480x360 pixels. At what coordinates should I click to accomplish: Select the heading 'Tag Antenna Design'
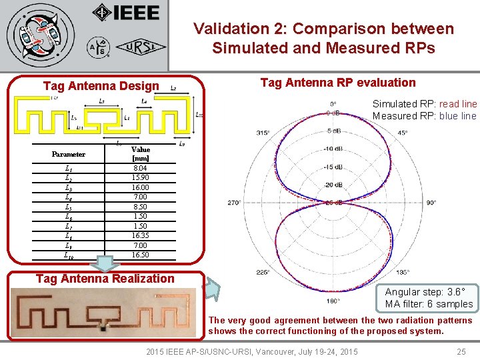coord(101,85)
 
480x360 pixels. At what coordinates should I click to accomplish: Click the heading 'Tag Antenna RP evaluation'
coord(337,83)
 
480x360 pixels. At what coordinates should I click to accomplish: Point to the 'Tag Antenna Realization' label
coord(105,279)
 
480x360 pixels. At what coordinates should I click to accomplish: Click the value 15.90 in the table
coord(141,178)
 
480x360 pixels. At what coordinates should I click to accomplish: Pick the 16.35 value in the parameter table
coord(141,235)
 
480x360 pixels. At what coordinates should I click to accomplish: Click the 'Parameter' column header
coord(69,154)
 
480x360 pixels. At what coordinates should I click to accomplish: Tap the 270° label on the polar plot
coord(234,202)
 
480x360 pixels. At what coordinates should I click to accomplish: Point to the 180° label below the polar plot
coord(333,301)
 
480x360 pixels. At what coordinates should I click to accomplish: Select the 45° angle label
coord(403,133)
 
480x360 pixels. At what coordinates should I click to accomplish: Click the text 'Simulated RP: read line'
coord(424,104)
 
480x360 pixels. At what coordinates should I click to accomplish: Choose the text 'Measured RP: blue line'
coord(424,116)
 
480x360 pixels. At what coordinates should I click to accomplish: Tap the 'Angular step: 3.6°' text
coord(429,292)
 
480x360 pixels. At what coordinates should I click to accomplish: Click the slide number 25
coord(461,351)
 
